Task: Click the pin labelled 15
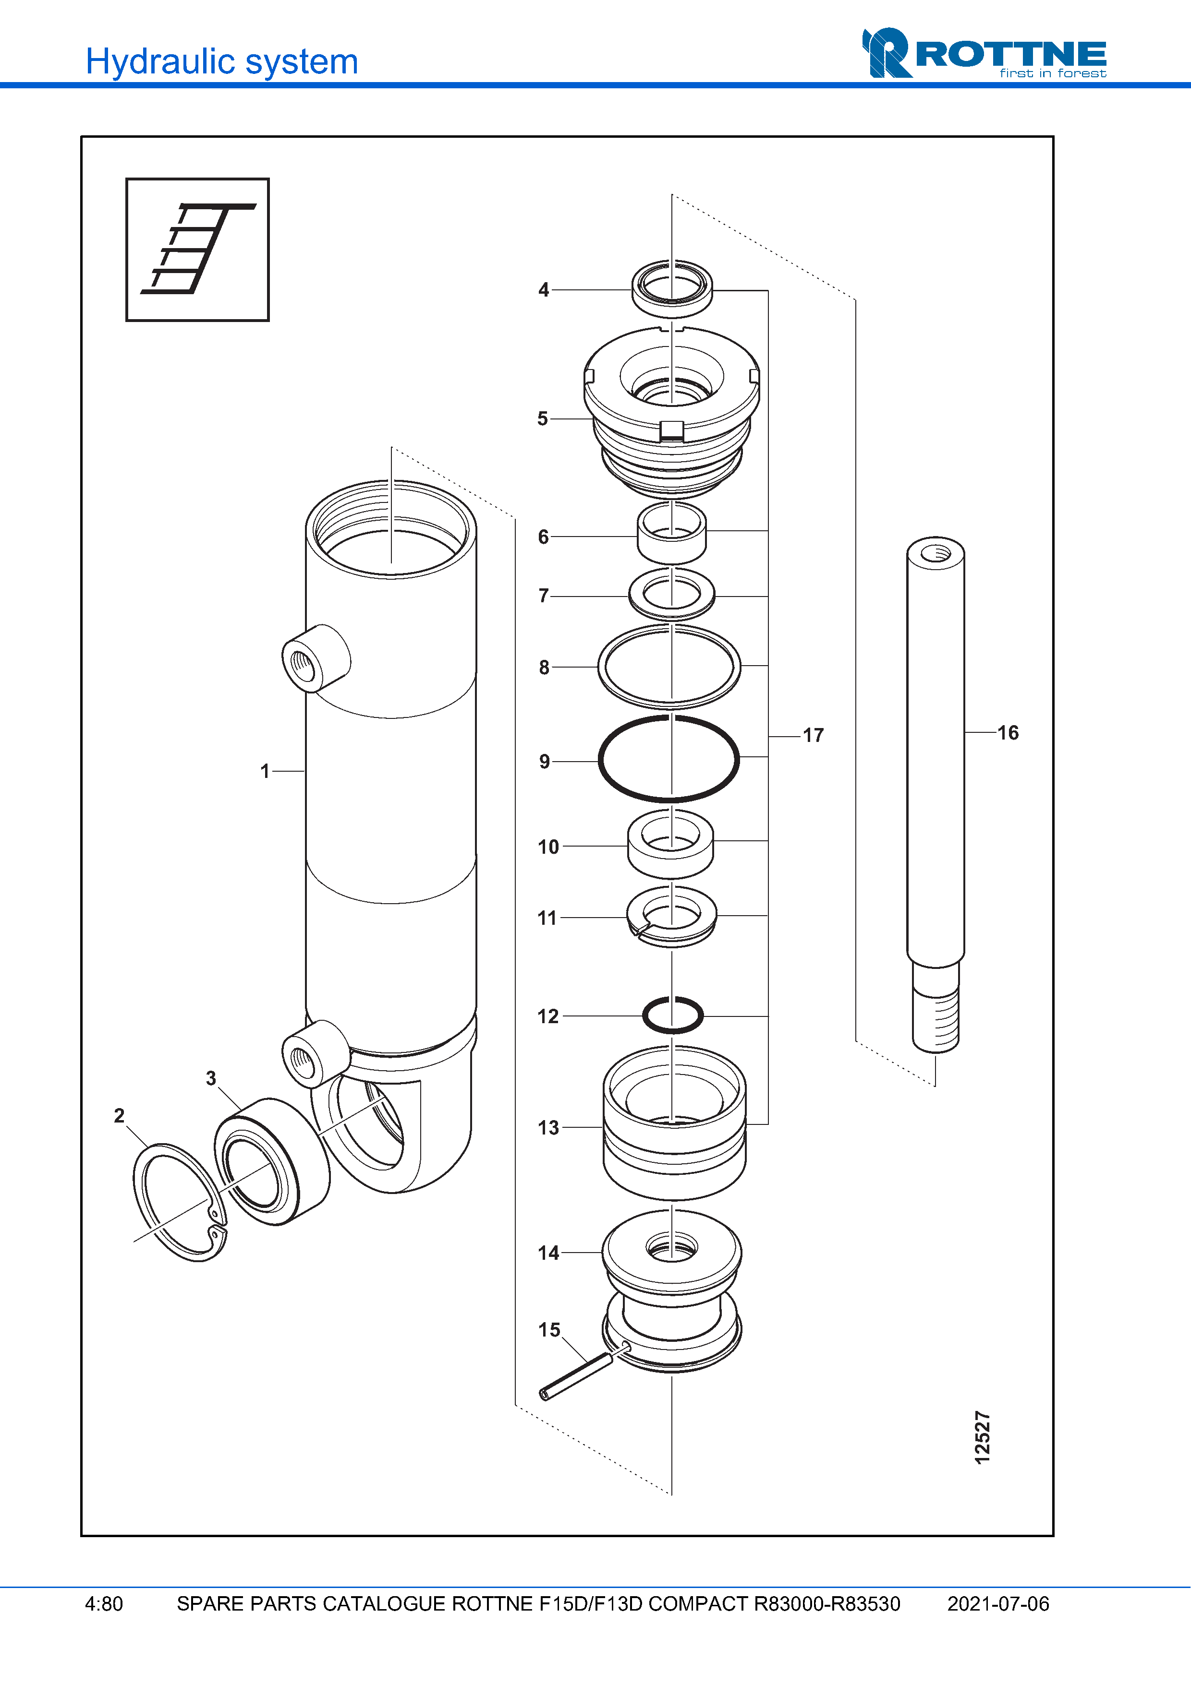click(576, 1377)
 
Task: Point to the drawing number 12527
click(983, 1437)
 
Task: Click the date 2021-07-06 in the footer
click(998, 1604)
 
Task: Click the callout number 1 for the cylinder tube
click(265, 771)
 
